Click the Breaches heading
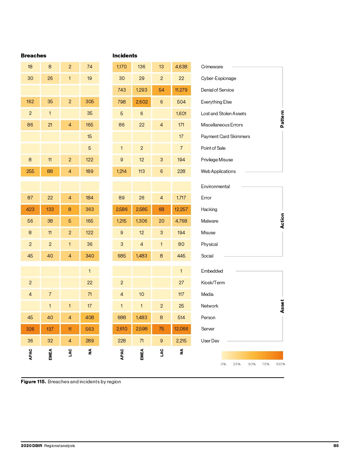pyautogui.click(x=34, y=56)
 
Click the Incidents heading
pyautogui.click(x=125, y=56)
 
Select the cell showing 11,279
pyautogui.click(x=181, y=90)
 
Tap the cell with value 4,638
pyautogui.click(x=181, y=67)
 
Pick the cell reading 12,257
pyautogui.click(x=181, y=210)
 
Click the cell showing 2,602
pyautogui.click(x=142, y=102)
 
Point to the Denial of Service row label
pyautogui.click(x=217, y=90)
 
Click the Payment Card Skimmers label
pyautogui.click(x=225, y=137)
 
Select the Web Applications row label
pyautogui.click(x=218, y=172)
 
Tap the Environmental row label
pyautogui.click(x=215, y=187)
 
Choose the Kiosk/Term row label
pyautogui.click(x=213, y=283)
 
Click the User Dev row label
pyautogui.click(x=210, y=341)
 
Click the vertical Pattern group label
pyautogui.click(x=282, y=119)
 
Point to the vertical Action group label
pyautogui.click(x=282, y=221)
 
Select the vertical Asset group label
pyautogui.click(x=282, y=306)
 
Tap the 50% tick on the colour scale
pyautogui.click(x=252, y=364)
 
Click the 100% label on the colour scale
pyautogui.click(x=280, y=364)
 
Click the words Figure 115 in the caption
pyautogui.click(x=33, y=382)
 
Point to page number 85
pyautogui.click(x=336, y=446)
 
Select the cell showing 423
pyautogui.click(x=30, y=210)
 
